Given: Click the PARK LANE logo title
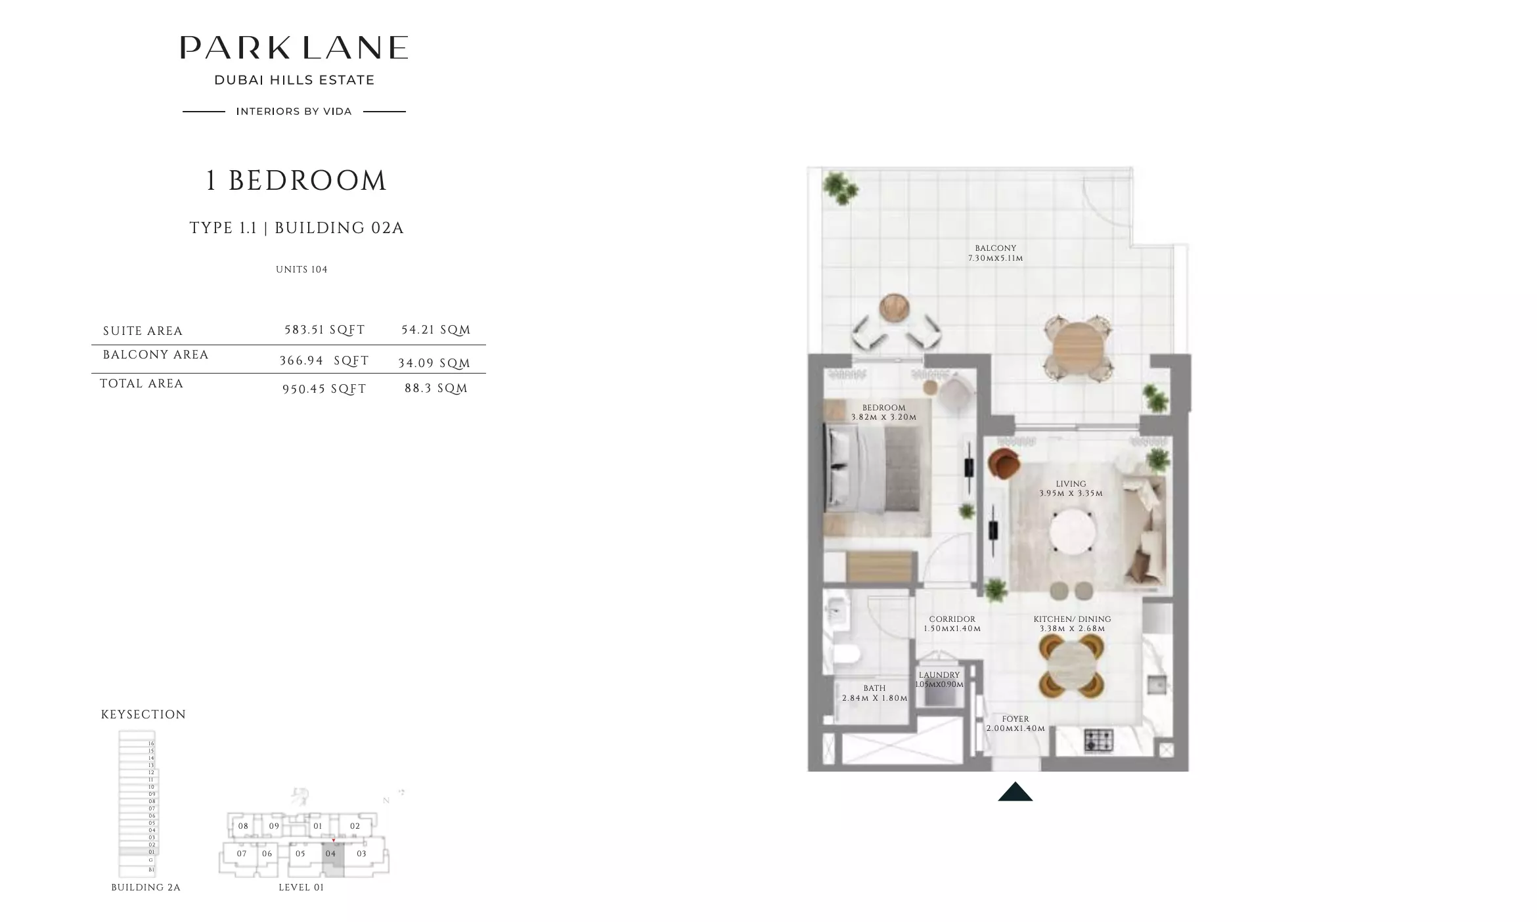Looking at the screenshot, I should click(x=294, y=47).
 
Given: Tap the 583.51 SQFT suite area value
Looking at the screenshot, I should click(x=324, y=330).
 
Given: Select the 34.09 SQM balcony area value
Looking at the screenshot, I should click(x=434, y=363).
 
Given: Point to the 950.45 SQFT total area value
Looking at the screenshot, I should click(x=324, y=389).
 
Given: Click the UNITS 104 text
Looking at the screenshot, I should click(x=301, y=269).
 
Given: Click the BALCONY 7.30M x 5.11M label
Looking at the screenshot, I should click(x=995, y=253).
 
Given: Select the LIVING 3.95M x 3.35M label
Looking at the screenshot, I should click(x=1071, y=489).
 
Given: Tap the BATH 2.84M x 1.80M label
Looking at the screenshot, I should click(x=874, y=693).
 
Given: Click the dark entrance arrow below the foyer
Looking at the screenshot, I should click(x=1015, y=792).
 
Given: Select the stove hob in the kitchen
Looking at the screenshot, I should click(x=1098, y=740).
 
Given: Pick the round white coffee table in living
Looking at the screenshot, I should click(x=1072, y=531).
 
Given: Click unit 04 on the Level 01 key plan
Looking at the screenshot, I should click(x=331, y=854).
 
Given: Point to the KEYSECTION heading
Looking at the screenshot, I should click(x=143, y=714).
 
